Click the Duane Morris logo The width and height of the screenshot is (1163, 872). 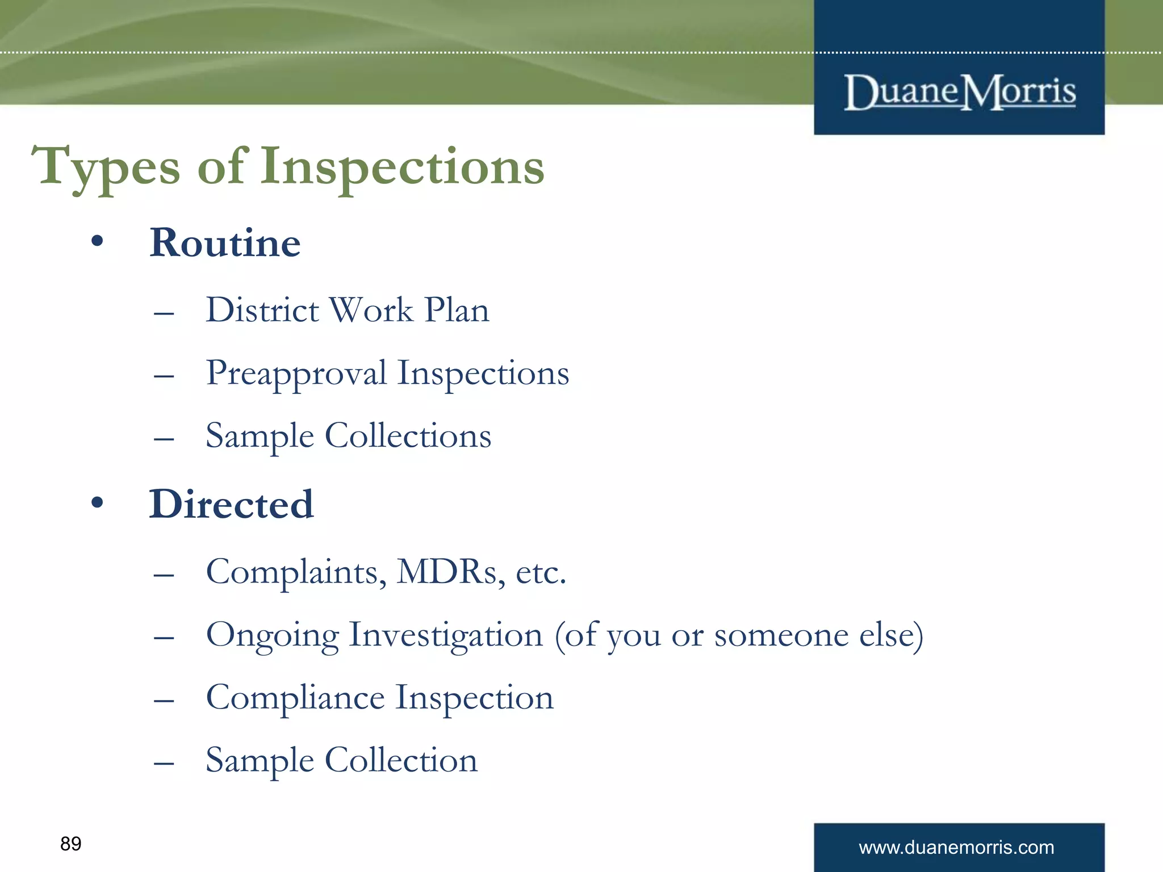(x=959, y=91)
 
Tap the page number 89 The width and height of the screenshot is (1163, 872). (x=71, y=844)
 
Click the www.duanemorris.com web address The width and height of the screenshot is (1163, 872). (x=956, y=848)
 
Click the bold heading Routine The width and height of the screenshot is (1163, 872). (x=225, y=243)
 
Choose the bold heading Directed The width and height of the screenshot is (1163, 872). (x=231, y=504)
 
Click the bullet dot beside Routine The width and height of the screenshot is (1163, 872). (x=97, y=241)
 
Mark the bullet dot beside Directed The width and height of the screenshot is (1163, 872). (x=97, y=502)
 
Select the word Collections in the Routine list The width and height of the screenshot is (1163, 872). (x=408, y=436)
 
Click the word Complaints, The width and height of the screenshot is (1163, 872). (x=296, y=573)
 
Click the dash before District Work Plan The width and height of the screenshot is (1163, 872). (x=164, y=313)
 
